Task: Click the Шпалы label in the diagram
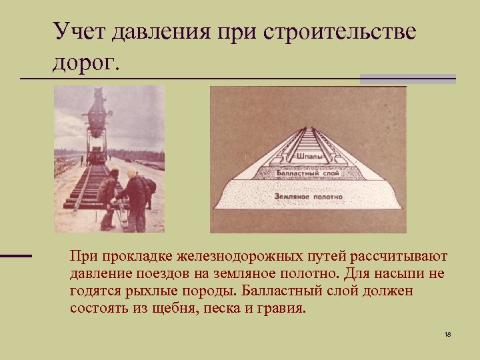(308, 157)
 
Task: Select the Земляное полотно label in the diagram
(308, 197)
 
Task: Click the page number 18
(447, 333)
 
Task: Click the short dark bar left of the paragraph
(16, 255)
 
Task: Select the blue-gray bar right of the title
(407, 79)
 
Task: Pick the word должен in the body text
(389, 292)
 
